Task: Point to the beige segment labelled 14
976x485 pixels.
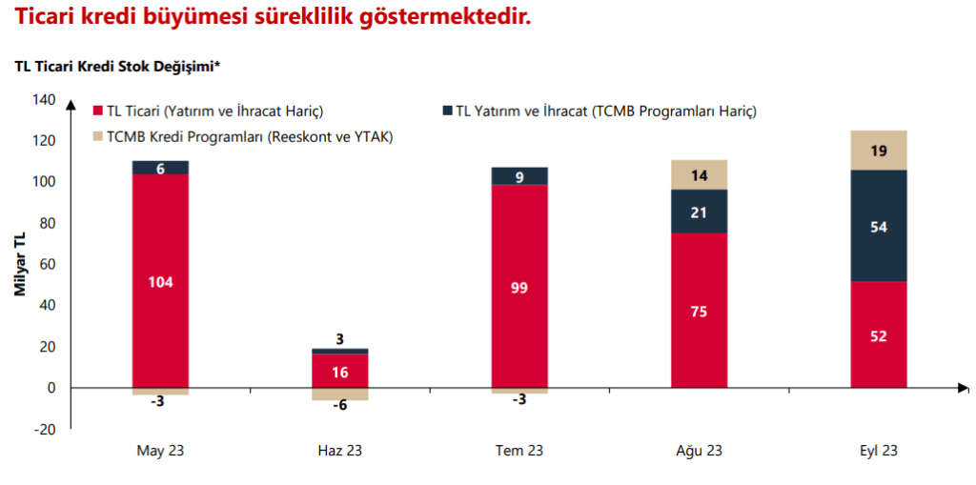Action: click(699, 175)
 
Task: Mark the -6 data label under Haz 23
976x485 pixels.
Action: click(340, 405)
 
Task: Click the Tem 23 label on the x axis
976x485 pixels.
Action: click(519, 451)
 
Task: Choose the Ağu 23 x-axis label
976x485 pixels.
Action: click(699, 451)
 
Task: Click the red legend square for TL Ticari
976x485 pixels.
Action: click(98, 111)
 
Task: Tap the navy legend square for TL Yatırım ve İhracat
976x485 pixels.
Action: click(447, 111)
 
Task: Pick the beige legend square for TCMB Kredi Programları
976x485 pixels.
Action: click(98, 136)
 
